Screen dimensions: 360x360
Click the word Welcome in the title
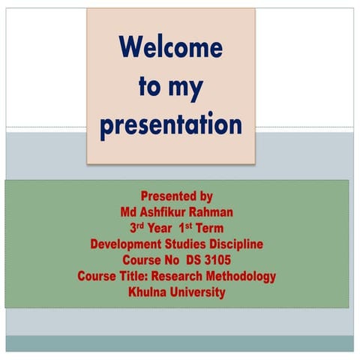tap(171, 48)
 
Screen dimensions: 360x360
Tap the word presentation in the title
tap(171, 124)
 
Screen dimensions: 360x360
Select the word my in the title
tap(184, 88)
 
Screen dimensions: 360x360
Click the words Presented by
tap(177, 196)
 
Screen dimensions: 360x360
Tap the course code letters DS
tap(183, 260)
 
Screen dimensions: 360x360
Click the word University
tap(197, 292)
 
